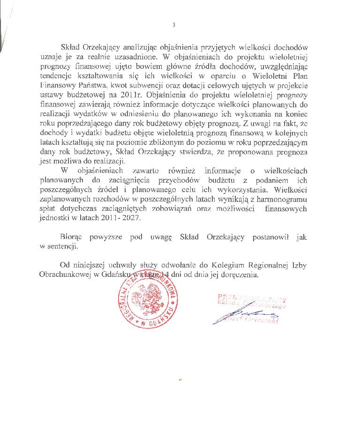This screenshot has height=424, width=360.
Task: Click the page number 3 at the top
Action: tap(173, 25)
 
